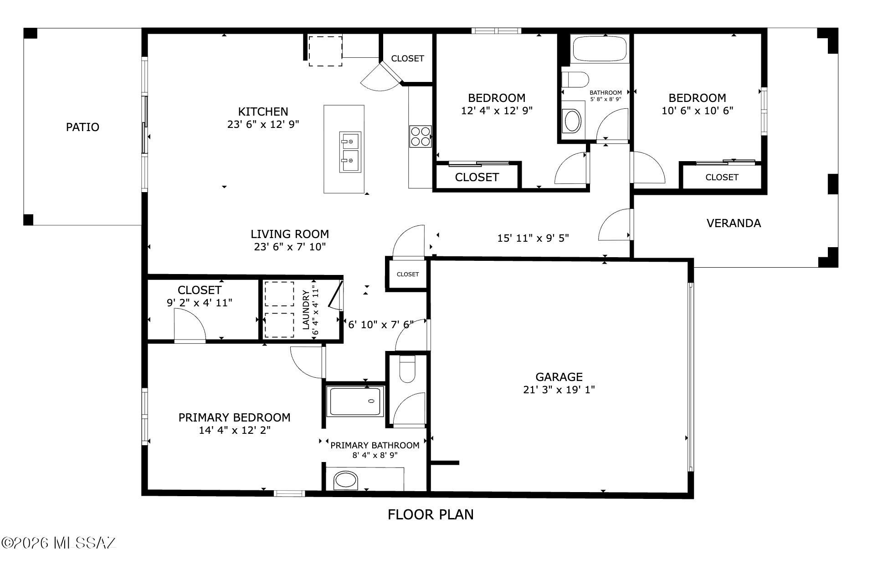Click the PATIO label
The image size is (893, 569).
82,127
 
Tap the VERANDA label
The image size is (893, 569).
734,223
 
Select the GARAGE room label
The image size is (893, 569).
559,377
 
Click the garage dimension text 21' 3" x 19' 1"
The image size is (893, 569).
559,390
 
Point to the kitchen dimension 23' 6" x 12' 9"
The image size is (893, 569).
263,124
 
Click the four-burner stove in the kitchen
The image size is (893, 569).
420,136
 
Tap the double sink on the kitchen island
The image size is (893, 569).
350,152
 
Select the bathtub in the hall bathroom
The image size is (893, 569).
600,48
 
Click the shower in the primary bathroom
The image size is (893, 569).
355,401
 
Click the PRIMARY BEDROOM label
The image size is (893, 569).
234,418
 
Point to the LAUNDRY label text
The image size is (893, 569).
306,310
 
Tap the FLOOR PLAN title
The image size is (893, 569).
431,515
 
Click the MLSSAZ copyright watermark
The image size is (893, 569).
59,543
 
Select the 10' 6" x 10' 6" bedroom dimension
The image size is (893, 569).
698,111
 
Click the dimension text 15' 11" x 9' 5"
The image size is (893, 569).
533,238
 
